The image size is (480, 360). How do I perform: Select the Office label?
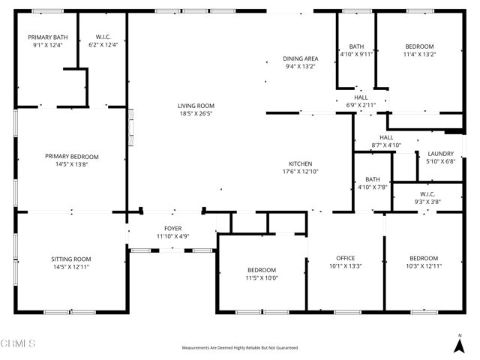click(x=345, y=262)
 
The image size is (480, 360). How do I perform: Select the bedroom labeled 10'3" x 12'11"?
click(x=423, y=262)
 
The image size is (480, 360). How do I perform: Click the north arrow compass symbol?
click(x=459, y=344)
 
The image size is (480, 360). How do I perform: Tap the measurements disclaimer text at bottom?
click(x=240, y=348)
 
